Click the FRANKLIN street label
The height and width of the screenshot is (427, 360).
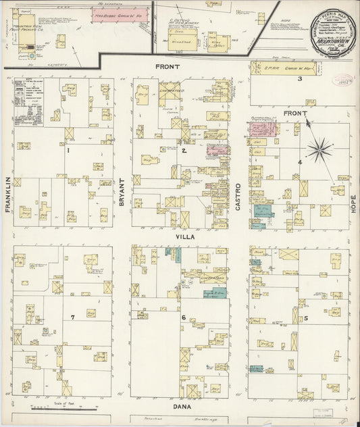(x=8, y=195)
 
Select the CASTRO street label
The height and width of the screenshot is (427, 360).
(x=238, y=196)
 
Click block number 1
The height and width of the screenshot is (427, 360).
(x=68, y=151)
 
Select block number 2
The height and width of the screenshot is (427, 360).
(x=184, y=151)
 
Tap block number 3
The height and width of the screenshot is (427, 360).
(x=299, y=79)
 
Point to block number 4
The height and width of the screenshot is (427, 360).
(x=299, y=161)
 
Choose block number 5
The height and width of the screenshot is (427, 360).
(x=305, y=318)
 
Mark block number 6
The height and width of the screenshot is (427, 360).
(x=182, y=317)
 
